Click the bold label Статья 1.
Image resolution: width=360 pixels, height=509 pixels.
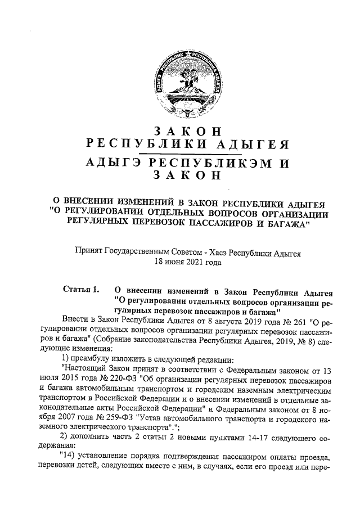pos(81,291)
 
